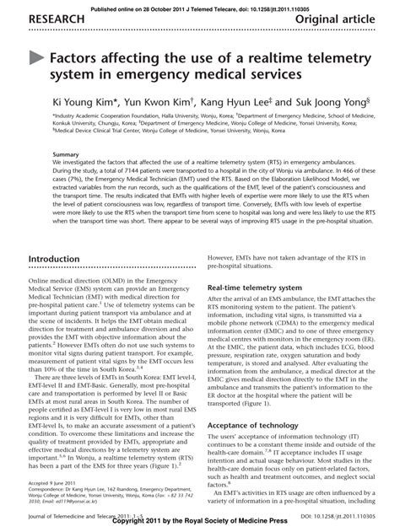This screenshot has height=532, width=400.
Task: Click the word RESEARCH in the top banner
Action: coord(36,19)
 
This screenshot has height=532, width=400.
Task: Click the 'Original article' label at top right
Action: coord(346,19)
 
